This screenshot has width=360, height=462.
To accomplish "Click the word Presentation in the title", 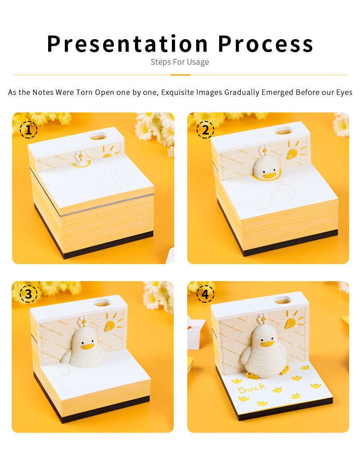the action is [127, 44].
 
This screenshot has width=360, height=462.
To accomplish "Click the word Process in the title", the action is [265, 44].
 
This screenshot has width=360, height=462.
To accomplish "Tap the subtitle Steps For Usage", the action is [180, 62].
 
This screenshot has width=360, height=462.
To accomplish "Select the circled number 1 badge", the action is [29, 130].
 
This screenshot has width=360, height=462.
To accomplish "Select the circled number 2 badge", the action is [205, 130].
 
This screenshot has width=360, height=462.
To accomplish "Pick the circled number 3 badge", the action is [29, 294].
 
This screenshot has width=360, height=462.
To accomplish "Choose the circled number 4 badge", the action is [205, 294].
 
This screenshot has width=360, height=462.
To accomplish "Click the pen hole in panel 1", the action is [98, 136].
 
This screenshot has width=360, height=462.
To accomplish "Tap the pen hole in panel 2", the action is [283, 130].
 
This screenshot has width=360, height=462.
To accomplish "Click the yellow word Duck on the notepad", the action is [252, 389].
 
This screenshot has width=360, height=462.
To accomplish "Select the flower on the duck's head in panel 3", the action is [83, 321].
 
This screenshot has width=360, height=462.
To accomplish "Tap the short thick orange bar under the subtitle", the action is [180, 75].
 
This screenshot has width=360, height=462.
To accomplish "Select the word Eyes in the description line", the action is [344, 93].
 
